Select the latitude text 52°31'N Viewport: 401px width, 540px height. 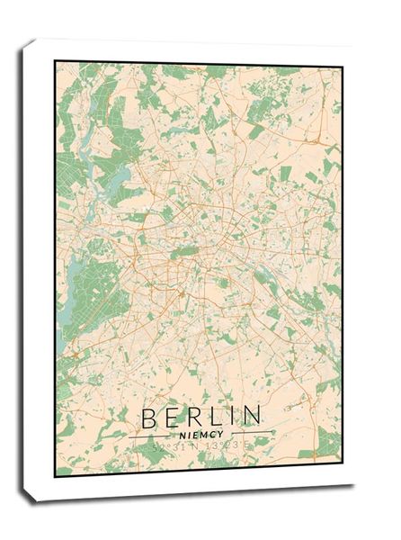173,445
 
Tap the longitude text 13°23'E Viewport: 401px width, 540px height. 225,445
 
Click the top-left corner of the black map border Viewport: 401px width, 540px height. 55,61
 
